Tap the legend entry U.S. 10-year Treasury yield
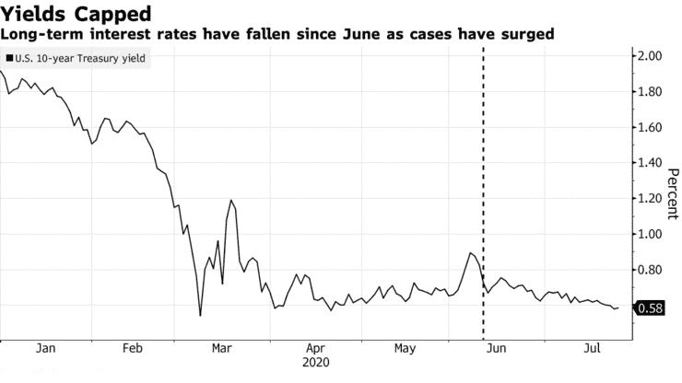(80, 58)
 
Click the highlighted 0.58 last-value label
(649, 308)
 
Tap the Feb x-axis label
(134, 350)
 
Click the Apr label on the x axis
(315, 350)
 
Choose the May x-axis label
(406, 350)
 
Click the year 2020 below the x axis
(315, 364)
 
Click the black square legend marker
(9, 58)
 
